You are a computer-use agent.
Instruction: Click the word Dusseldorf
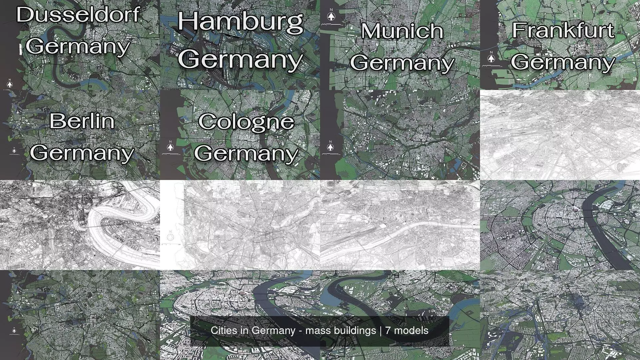[x=78, y=15]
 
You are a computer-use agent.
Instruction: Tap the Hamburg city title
[x=240, y=22]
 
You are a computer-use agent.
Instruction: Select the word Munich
[x=402, y=31]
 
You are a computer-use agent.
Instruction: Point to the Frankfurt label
[x=563, y=30]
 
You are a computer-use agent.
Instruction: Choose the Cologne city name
[x=246, y=121]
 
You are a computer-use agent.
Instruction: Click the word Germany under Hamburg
[x=240, y=59]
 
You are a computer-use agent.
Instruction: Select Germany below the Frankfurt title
[x=563, y=62]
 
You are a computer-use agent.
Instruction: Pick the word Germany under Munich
[x=402, y=62]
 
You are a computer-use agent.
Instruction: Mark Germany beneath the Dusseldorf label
[x=78, y=46]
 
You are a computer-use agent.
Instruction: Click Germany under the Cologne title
[x=246, y=153]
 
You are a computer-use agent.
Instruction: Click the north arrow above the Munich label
[x=331, y=16]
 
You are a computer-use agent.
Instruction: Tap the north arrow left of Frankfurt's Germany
[x=491, y=58]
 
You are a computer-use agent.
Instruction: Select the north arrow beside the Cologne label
[x=171, y=147]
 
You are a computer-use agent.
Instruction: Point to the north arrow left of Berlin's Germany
[x=14, y=151]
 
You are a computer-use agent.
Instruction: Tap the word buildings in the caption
[x=358, y=331]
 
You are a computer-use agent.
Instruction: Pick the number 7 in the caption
[x=388, y=331]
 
